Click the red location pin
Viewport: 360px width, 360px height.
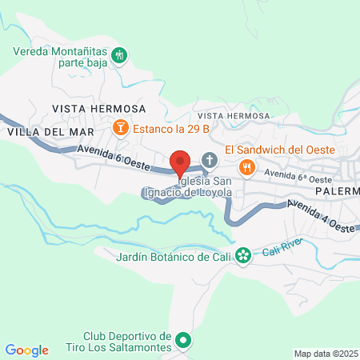click(180, 162)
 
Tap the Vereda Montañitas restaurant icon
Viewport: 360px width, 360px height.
click(120, 55)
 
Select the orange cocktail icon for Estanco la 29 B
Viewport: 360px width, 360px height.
click(120, 127)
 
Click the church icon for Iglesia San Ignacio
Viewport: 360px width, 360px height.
click(210, 160)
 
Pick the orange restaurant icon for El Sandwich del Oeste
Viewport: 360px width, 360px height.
click(248, 167)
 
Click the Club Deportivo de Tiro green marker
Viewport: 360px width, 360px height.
click(183, 342)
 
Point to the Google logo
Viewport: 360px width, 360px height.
click(26, 350)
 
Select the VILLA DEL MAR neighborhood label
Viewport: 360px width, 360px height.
click(48, 131)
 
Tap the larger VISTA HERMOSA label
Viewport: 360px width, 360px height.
click(98, 108)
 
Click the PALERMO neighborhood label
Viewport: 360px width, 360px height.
click(336, 192)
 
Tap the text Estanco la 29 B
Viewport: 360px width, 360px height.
click(170, 127)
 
